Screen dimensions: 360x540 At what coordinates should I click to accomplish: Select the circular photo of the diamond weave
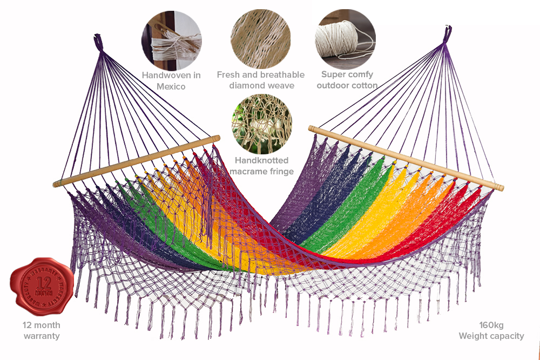(261, 39)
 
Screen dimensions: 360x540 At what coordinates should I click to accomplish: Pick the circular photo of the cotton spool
(346, 39)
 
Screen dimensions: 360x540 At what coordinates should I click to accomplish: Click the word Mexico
(171, 86)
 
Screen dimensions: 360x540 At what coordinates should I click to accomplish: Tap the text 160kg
(491, 325)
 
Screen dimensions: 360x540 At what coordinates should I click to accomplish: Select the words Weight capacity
(491, 336)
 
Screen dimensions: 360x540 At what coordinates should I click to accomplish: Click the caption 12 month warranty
(42, 330)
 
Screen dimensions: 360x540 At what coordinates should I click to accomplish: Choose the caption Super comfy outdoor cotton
(347, 80)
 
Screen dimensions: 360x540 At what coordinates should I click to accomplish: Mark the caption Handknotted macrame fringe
(262, 166)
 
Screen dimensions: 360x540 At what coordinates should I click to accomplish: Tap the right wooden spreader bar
(405, 157)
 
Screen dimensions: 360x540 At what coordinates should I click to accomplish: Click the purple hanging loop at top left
(98, 42)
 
